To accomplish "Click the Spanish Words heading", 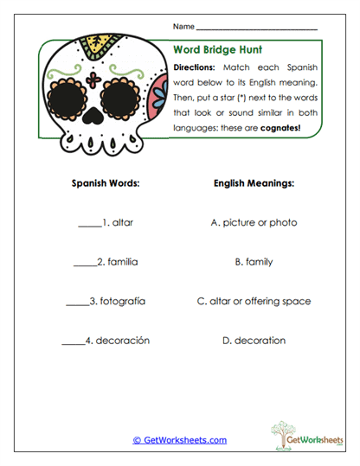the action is point(107,184).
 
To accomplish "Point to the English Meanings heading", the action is point(254,184).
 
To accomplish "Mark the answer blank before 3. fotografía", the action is point(77,303).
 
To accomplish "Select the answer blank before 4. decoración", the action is point(74,342).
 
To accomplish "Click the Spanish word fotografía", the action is point(121,302).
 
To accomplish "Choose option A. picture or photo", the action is point(254,223).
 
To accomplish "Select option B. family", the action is point(254,262).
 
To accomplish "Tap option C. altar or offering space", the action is point(254,302).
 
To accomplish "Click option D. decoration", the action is point(254,341).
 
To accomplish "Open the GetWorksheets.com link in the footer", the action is point(180,440).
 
